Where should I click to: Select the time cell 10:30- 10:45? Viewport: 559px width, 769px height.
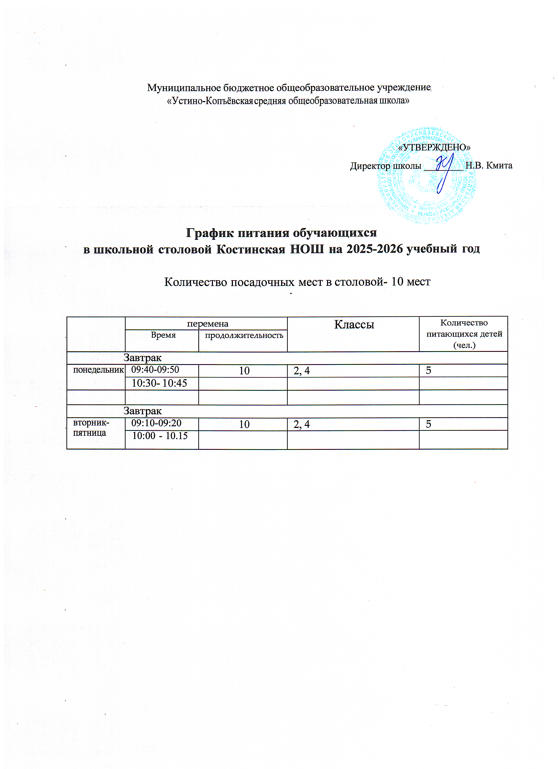pos(159,383)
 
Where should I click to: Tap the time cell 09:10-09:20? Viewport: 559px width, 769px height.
pos(156,423)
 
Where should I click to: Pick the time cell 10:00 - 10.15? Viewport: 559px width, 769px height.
pos(160,436)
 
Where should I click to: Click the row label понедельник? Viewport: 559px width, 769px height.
pos(98,370)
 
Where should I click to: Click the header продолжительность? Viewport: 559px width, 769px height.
pos(244,335)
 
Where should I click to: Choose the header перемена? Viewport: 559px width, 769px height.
pos(208,324)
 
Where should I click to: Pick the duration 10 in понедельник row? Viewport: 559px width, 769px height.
pos(244,371)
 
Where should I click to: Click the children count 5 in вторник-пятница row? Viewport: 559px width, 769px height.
pos(428,424)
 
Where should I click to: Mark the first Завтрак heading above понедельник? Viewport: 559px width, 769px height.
pos(142,358)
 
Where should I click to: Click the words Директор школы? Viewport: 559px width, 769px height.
pos(385,166)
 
